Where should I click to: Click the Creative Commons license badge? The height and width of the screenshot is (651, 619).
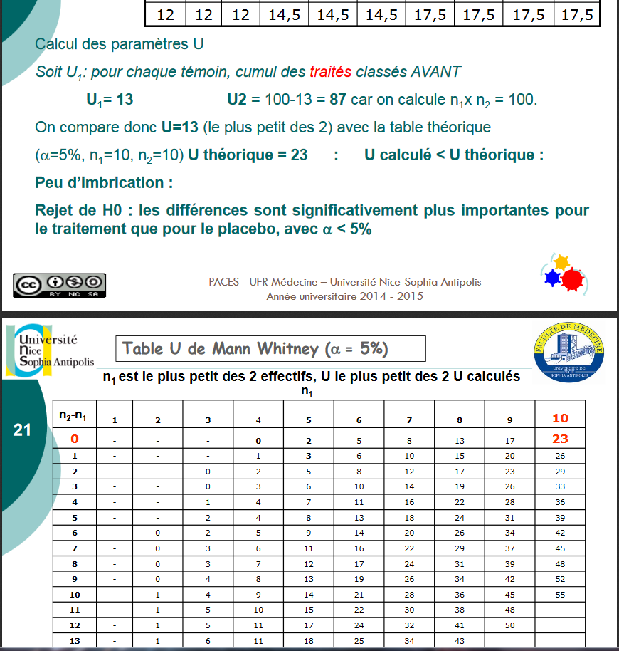[59, 284]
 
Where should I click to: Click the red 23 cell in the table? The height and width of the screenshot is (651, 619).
[560, 439]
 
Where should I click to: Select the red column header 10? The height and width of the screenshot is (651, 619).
[560, 419]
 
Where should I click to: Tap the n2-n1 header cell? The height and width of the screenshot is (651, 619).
[74, 415]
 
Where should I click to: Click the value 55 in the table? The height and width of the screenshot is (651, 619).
[560, 594]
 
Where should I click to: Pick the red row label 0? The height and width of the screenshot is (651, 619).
[74, 439]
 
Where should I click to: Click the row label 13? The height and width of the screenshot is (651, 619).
[74, 641]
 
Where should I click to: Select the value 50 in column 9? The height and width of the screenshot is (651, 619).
[509, 625]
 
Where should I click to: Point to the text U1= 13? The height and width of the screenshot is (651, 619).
[110, 100]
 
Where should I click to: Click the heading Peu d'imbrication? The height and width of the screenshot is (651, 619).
[104, 183]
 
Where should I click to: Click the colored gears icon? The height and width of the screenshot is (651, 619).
[563, 274]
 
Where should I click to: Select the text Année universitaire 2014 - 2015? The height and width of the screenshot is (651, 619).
[344, 296]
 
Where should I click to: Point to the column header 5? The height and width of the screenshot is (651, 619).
[308, 420]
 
